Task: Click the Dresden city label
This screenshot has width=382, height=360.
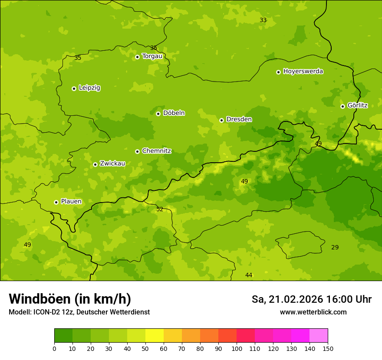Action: point(239,119)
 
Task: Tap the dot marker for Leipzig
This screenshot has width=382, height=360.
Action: point(74,88)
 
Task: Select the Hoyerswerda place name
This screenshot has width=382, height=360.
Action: point(303,71)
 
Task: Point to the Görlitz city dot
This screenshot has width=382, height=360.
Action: point(342,106)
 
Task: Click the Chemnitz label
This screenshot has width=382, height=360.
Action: point(156,151)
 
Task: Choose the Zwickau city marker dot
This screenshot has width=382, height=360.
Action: point(95,164)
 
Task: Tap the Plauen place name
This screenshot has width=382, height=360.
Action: point(71,202)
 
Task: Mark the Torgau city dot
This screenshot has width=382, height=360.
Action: point(137,57)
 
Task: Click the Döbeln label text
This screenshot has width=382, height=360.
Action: point(174,113)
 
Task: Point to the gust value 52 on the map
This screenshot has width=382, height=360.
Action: point(160,209)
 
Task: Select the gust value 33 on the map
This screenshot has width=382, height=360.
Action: point(263,20)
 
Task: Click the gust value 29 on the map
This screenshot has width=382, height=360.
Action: point(335,247)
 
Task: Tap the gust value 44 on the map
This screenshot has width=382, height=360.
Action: point(249,275)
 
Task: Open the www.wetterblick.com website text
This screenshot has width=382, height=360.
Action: point(313,312)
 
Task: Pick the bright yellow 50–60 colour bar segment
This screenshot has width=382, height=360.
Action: point(155,336)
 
